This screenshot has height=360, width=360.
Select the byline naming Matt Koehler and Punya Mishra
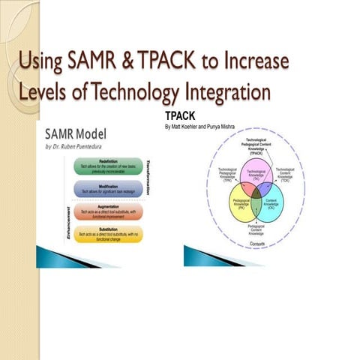(199, 127)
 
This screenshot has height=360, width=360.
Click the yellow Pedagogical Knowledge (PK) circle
(238, 205)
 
